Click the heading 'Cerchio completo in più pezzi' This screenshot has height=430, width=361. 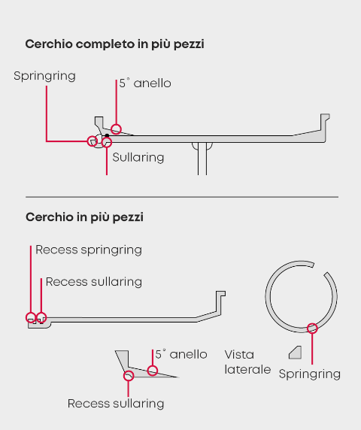[114, 44]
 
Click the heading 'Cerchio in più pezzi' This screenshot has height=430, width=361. [84, 217]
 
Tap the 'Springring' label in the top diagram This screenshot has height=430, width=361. [44, 76]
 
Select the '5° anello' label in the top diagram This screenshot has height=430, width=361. [145, 83]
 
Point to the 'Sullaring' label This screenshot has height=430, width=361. [138, 157]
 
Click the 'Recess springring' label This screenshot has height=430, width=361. [89, 250]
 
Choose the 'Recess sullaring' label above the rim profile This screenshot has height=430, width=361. [94, 282]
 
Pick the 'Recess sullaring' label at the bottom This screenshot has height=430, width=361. [116, 404]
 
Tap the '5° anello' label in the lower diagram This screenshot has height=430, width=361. [181, 354]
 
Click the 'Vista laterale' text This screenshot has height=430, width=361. [247, 362]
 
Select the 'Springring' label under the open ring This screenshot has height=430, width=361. [310, 374]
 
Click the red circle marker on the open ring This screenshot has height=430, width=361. [312, 329]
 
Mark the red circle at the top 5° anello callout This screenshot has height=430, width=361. [117, 129]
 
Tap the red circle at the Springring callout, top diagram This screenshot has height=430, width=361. [93, 141]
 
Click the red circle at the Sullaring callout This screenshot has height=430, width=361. [107, 142]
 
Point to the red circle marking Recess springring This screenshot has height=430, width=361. [31, 317]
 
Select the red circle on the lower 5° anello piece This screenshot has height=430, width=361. [153, 371]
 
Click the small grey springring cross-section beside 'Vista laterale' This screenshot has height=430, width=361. [295, 353]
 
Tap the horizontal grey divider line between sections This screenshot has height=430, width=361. [182, 197]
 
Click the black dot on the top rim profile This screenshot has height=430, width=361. [107, 135]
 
